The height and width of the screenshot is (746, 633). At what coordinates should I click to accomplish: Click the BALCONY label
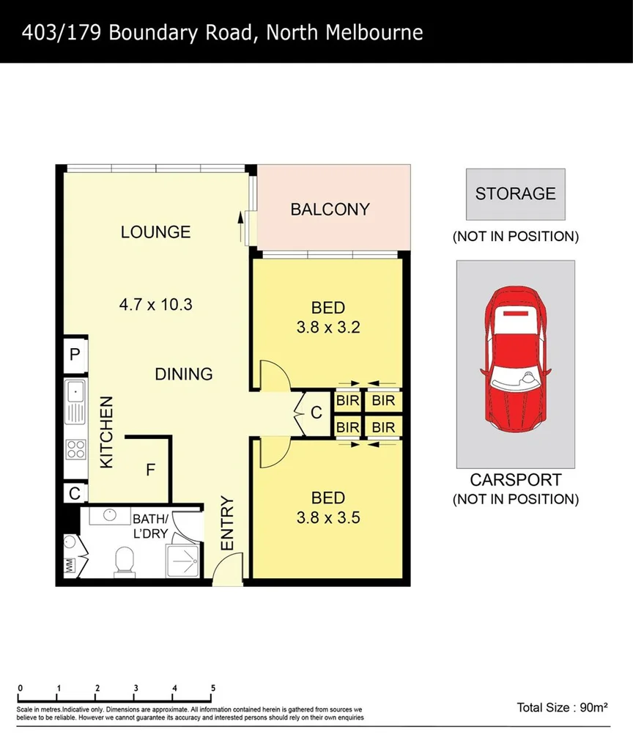click(330, 210)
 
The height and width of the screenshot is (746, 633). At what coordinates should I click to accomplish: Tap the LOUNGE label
click(155, 232)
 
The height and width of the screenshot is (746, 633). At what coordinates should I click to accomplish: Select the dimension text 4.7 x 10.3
click(155, 303)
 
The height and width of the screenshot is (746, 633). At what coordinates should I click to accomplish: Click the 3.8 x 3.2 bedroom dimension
click(327, 328)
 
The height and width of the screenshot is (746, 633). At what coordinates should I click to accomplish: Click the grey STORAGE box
click(516, 194)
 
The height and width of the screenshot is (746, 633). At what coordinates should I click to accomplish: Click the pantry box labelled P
click(74, 355)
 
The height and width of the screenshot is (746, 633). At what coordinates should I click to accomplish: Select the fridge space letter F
click(150, 470)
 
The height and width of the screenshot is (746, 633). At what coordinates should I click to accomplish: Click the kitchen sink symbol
click(75, 402)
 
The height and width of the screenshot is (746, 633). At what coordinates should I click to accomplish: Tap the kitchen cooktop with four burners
click(75, 448)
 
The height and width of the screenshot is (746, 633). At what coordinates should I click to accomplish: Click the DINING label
click(183, 374)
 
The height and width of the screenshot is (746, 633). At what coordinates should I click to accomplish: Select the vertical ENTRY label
click(226, 524)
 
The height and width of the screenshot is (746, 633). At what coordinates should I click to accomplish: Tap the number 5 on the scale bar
click(213, 688)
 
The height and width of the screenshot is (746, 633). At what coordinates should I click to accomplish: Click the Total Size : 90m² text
click(563, 708)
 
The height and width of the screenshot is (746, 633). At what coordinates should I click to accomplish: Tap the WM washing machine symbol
click(70, 566)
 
